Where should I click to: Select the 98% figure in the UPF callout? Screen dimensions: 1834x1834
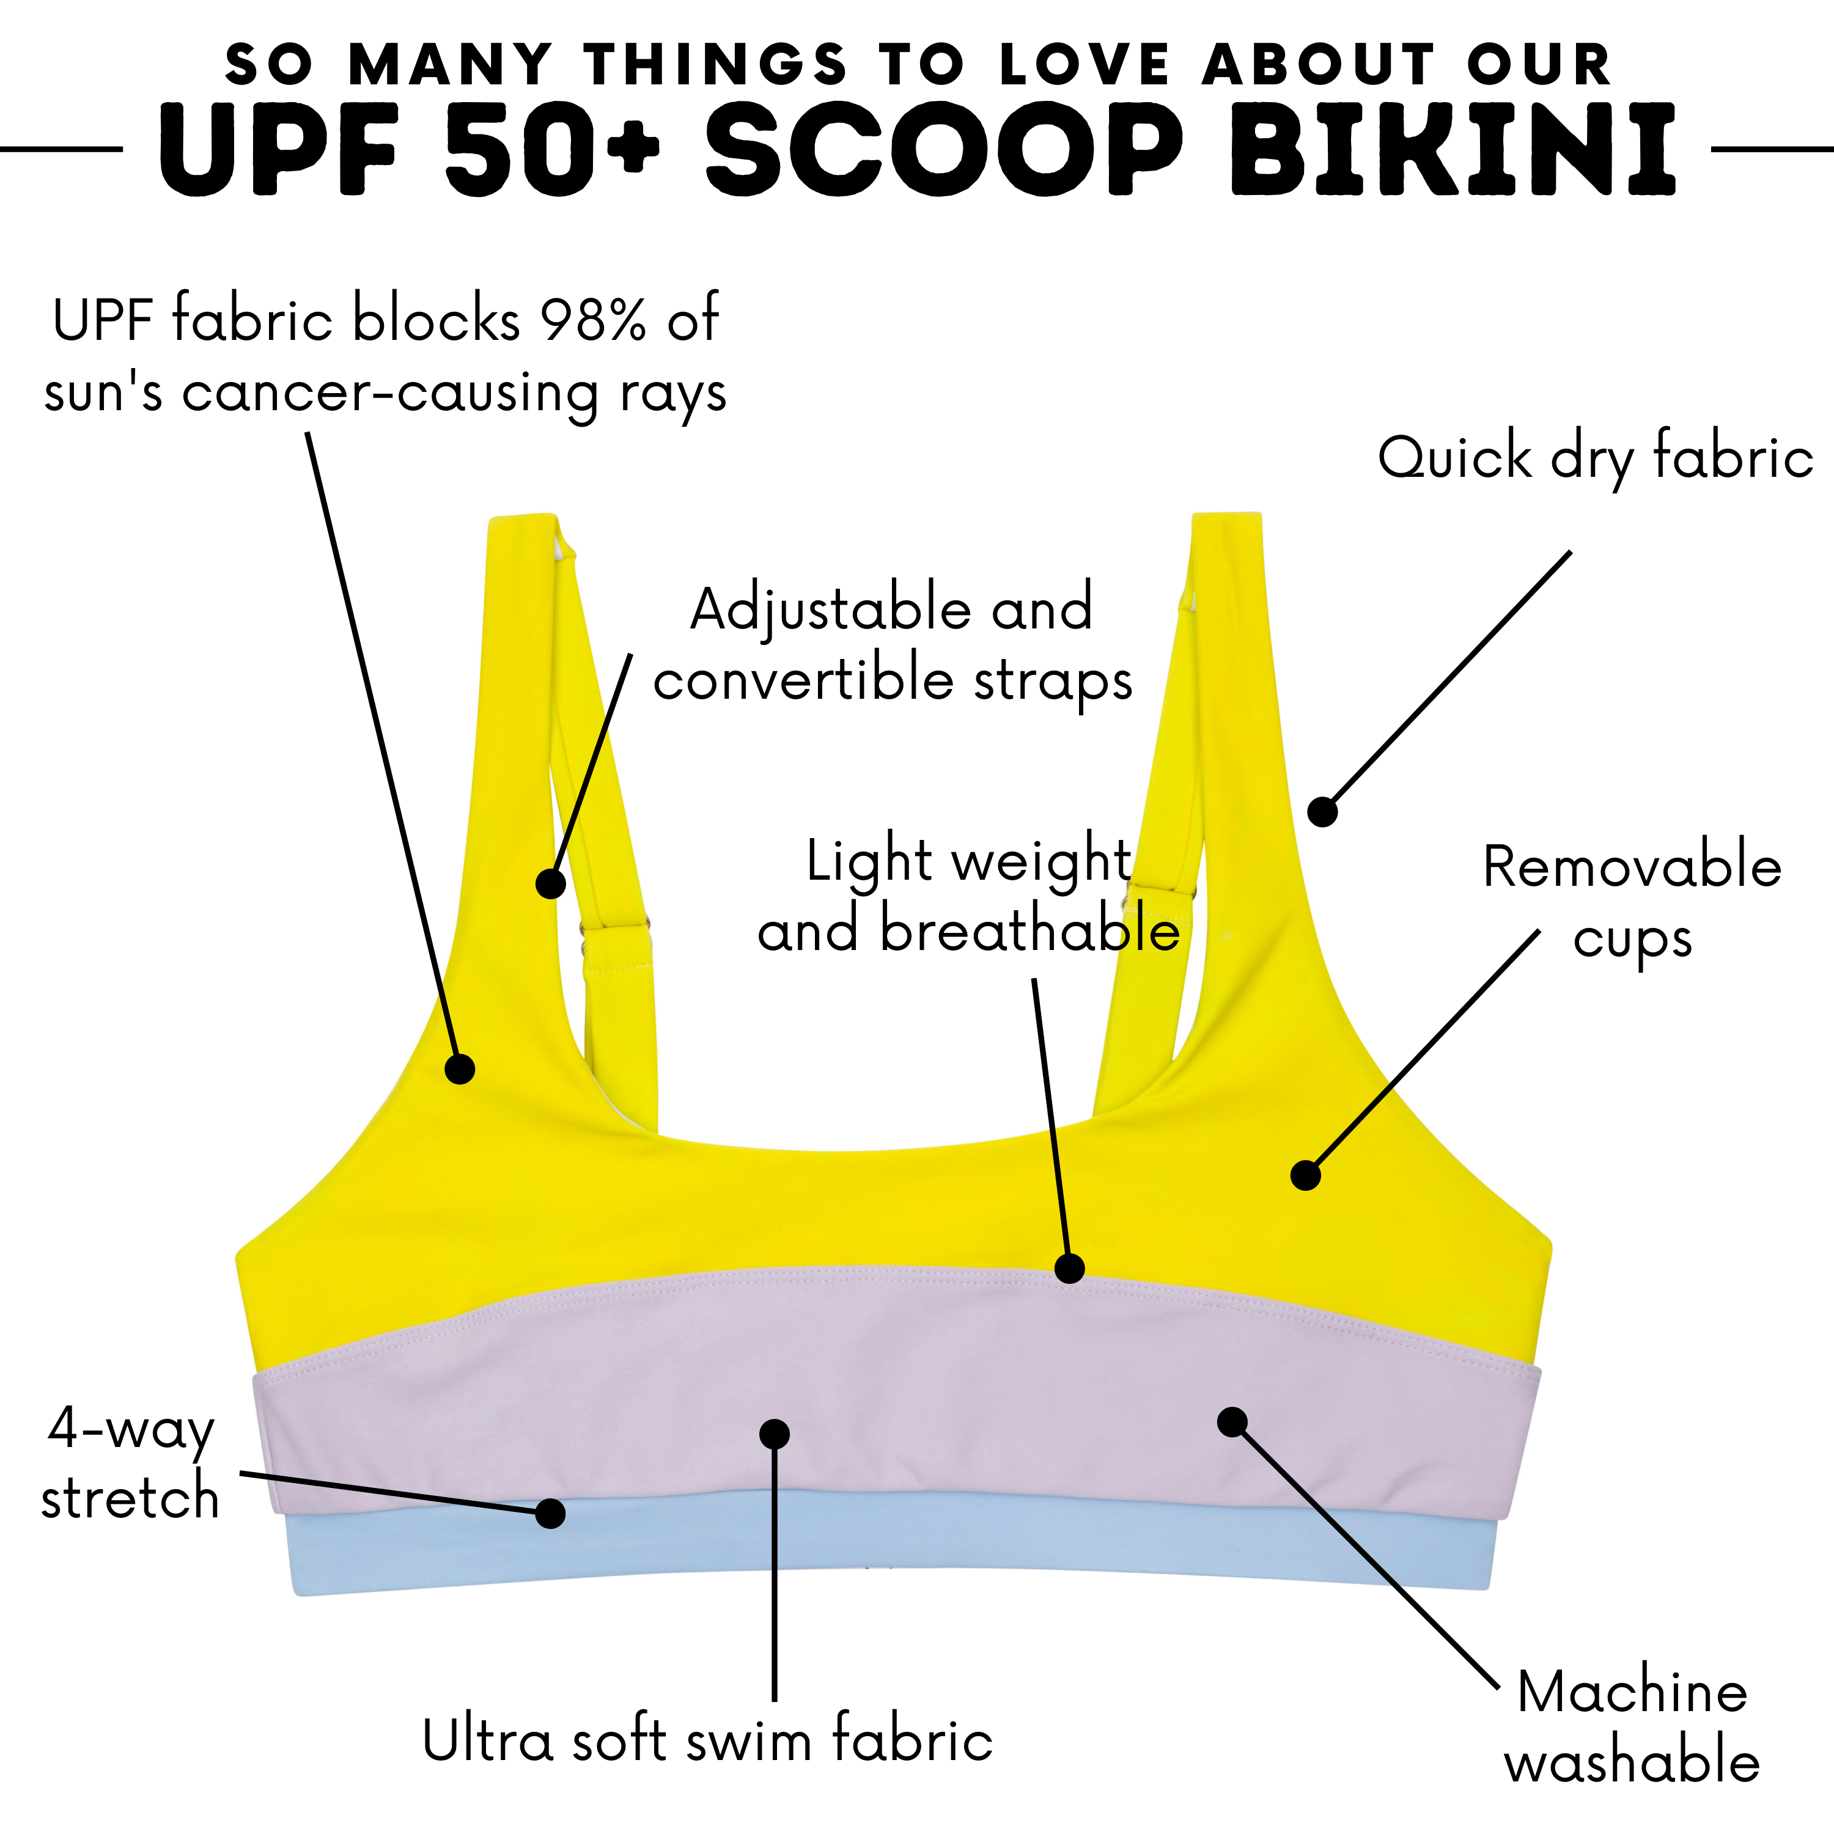pos(592,319)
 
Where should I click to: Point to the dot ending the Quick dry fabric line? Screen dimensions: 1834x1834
pos(1322,812)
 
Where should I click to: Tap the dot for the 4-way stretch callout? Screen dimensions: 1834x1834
pos(550,1513)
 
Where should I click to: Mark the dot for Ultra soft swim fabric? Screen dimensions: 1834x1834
pos(775,1434)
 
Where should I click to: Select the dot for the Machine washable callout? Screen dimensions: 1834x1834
pos(1232,1421)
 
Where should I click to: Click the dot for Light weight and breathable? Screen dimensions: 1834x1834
pos(1070,1269)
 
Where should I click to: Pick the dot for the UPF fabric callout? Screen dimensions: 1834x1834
pos(460,1069)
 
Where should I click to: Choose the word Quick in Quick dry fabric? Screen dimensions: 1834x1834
pos(1454,458)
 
